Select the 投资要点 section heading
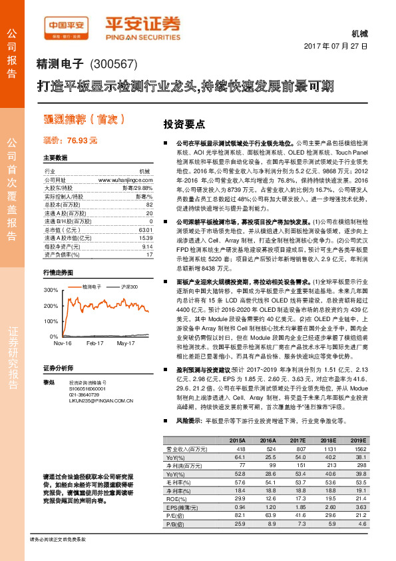pyautogui.click(x=184, y=124)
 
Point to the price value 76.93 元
pyautogui.click(x=82, y=141)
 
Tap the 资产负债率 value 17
pyautogui.click(x=149, y=254)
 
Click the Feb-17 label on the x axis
pyautogui.click(x=96, y=343)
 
